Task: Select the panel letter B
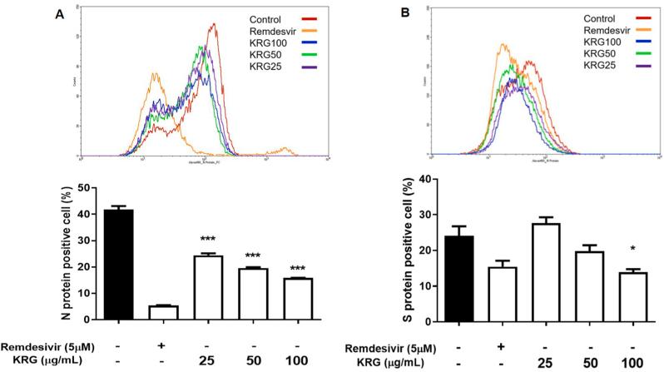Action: [389, 11]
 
